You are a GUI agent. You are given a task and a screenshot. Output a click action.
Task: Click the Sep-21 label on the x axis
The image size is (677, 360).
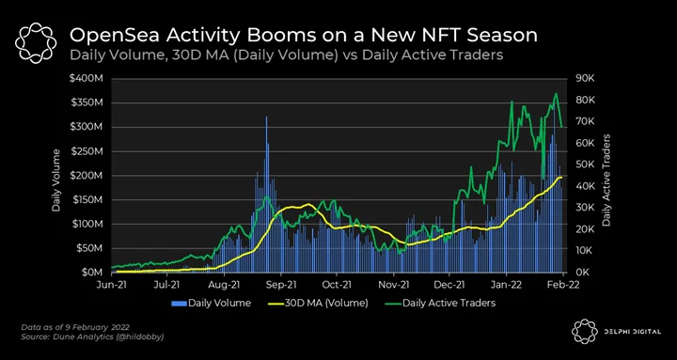coord(281,285)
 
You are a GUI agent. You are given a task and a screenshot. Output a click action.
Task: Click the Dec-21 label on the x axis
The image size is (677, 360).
coord(449,285)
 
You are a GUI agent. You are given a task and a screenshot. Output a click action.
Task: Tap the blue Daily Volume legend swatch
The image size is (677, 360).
coord(180,303)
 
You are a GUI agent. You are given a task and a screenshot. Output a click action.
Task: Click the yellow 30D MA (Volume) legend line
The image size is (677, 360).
coord(276,303)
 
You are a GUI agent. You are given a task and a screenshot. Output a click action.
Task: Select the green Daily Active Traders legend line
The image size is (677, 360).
coord(392,303)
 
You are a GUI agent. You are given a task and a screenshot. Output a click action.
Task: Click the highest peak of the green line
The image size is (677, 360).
coord(556,94)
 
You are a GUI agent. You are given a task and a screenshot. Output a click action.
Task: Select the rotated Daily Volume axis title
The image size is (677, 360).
coord(55,180)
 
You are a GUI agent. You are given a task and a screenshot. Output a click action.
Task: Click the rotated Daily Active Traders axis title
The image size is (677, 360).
coord(606,180)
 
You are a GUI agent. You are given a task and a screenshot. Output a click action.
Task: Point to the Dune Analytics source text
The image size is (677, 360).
coord(93,337)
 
